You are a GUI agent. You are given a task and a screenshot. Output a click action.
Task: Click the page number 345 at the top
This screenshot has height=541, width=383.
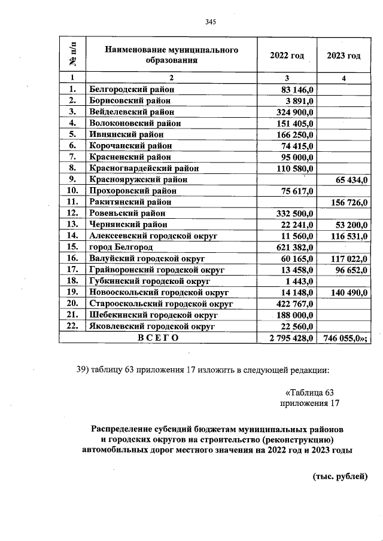coord(209,22)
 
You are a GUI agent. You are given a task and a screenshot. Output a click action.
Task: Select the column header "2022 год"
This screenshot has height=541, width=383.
coord(287,55)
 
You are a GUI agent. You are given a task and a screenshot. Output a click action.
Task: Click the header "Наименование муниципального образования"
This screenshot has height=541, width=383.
coord(171,55)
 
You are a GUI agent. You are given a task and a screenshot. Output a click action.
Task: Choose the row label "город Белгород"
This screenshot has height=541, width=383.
coord(121,247)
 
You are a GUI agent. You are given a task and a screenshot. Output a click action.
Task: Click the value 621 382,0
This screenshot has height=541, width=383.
coord(293,247)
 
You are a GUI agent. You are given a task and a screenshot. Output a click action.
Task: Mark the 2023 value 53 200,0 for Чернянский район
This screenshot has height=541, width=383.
coord(350,224)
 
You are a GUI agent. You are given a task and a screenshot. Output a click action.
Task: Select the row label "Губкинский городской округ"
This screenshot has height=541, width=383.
coord(149,281)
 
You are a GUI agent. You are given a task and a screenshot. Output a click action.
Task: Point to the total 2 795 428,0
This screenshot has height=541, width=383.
coord(290,338)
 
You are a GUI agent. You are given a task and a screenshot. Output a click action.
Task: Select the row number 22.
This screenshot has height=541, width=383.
coord(73,326)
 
